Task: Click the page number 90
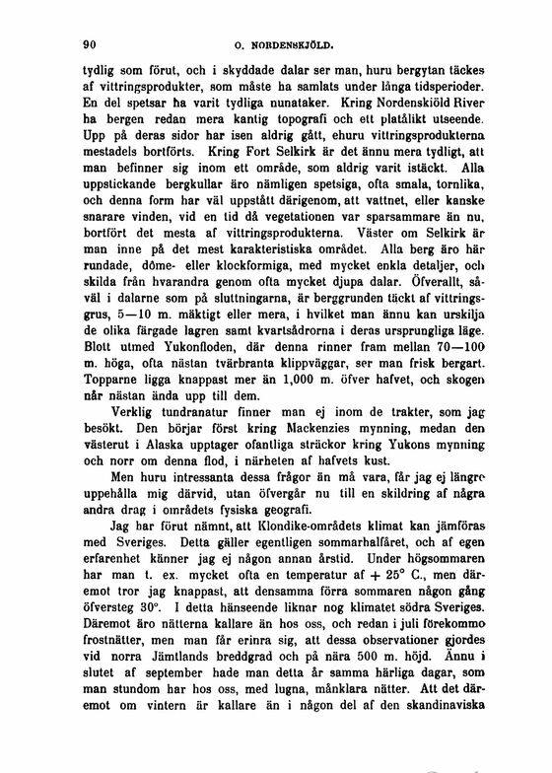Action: click(87, 43)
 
